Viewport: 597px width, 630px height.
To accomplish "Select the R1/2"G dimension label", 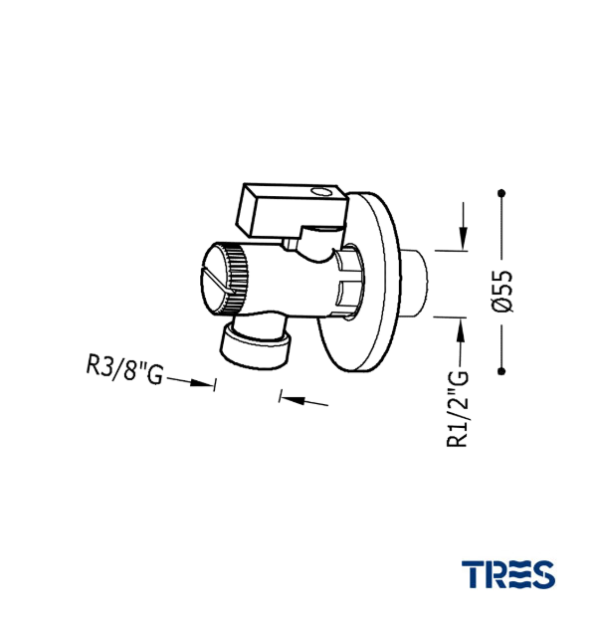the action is click(x=458, y=409).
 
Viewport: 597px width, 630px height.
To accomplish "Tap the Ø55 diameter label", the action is click(x=502, y=291).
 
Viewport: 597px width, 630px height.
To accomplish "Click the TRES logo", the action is click(x=508, y=574).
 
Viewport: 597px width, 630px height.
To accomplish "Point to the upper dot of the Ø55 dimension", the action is click(x=500, y=193).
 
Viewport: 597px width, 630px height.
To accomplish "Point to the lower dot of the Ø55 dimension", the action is click(x=500, y=371).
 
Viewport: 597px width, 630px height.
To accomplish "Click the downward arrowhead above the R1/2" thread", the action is click(x=464, y=237).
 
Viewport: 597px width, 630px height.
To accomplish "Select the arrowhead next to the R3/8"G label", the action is click(x=201, y=383).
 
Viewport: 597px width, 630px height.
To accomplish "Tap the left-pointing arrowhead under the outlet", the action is click(x=293, y=399).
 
